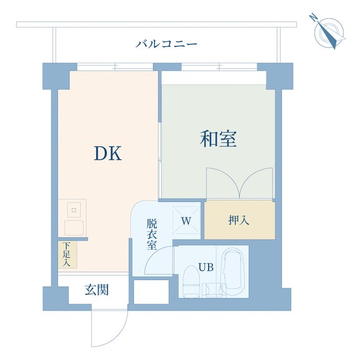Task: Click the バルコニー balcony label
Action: [x=166, y=44]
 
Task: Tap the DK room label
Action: [x=107, y=153]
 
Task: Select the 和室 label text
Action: [x=218, y=139]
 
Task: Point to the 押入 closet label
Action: [x=239, y=220]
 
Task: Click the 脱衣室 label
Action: [x=152, y=234]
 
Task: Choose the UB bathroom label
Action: [x=206, y=267]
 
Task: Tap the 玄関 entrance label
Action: [x=97, y=290]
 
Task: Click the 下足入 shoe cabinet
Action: [x=67, y=254]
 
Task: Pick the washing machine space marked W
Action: [x=186, y=220]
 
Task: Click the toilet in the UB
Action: [x=191, y=281]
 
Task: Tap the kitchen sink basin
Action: [x=74, y=227]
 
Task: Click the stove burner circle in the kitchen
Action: [x=74, y=210]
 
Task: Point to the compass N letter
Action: [x=313, y=17]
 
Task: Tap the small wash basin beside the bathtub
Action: [x=214, y=290]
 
